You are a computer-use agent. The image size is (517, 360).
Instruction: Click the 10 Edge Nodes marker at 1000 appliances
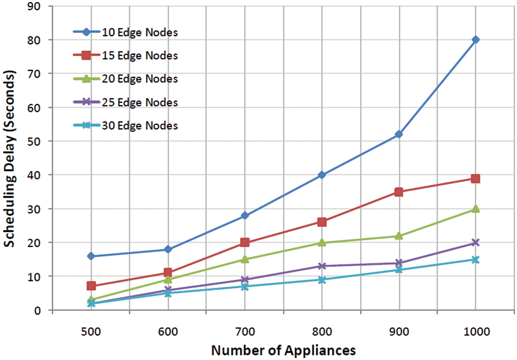click(x=476, y=40)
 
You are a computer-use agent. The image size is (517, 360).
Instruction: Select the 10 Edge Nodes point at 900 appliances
click(x=399, y=134)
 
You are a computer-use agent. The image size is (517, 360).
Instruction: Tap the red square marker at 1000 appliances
click(x=476, y=179)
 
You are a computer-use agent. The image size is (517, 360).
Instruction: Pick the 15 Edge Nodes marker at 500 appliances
click(x=91, y=286)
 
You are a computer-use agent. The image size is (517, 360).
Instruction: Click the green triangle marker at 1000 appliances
click(x=476, y=209)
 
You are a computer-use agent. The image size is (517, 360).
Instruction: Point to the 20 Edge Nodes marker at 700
click(x=245, y=259)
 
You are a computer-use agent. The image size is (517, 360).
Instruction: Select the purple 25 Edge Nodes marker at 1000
click(x=476, y=243)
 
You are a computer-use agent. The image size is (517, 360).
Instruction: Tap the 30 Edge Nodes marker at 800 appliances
click(x=322, y=280)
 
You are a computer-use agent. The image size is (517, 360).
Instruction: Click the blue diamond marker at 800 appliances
click(x=322, y=175)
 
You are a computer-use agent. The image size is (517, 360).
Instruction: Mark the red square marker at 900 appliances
click(x=399, y=192)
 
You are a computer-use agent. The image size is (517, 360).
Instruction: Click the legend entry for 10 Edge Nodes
click(x=140, y=32)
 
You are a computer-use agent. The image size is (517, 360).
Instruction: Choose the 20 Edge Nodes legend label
click(x=140, y=79)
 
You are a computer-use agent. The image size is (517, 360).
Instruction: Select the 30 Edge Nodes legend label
click(x=140, y=125)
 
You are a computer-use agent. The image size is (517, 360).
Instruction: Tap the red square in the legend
click(x=86, y=55)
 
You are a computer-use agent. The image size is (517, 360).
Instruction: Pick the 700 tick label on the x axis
click(x=245, y=331)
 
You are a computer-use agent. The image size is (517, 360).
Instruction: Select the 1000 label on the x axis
click(x=476, y=331)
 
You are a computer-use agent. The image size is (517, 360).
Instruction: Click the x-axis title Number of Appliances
click(x=283, y=350)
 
